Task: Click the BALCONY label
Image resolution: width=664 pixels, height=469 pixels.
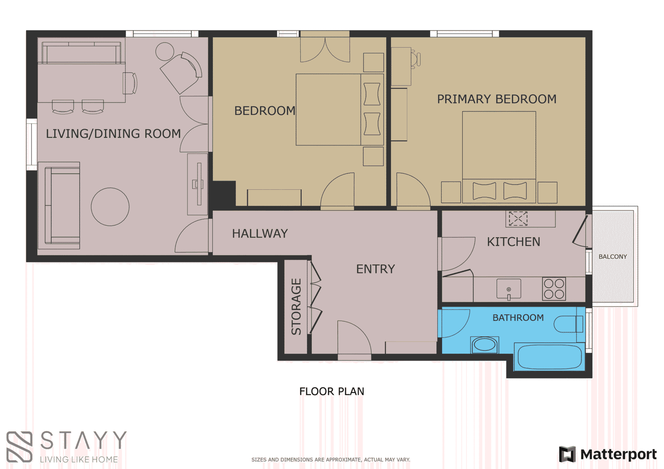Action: click(x=612, y=256)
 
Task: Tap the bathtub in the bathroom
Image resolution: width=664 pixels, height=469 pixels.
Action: click(x=550, y=357)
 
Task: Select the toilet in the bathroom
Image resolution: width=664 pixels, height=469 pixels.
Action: click(x=568, y=324)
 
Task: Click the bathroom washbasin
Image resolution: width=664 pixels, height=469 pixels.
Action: click(x=485, y=345)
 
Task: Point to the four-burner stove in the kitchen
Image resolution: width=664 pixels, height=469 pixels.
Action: click(x=554, y=288)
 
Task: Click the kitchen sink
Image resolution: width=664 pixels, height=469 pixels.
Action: click(x=509, y=289)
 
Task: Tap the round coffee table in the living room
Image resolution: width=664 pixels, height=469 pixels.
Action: click(x=110, y=207)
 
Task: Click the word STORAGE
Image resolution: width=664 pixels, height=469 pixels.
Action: click(x=296, y=307)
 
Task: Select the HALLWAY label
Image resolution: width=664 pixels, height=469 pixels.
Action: click(x=260, y=234)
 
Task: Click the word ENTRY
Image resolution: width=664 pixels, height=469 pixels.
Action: click(x=376, y=269)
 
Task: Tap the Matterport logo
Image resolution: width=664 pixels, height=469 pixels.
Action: click(x=608, y=454)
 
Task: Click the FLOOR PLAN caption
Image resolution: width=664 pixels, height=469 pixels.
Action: click(x=332, y=391)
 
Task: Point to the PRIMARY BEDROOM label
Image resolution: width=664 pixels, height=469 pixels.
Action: click(x=497, y=99)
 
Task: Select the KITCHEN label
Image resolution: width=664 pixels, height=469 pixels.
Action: click(x=513, y=242)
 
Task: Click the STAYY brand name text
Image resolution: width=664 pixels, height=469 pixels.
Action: click(x=83, y=440)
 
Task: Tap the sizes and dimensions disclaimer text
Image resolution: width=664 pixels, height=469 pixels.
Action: click(x=331, y=459)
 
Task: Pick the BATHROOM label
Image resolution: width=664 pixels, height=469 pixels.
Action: click(x=518, y=318)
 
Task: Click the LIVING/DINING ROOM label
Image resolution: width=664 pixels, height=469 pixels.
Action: click(x=113, y=133)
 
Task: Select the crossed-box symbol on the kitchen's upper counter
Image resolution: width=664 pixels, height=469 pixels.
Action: click(x=518, y=218)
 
